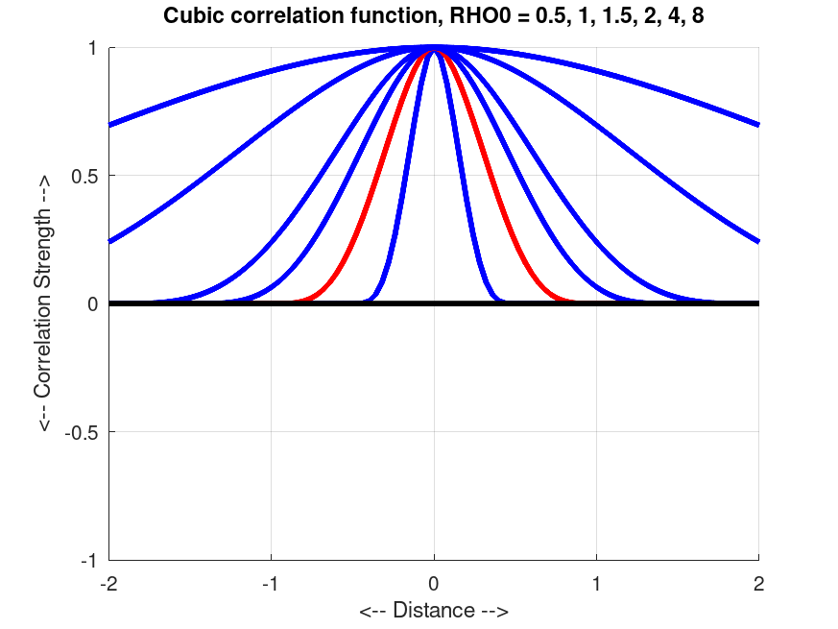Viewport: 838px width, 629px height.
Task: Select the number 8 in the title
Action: click(x=698, y=16)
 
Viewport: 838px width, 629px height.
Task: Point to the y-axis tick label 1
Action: click(x=94, y=48)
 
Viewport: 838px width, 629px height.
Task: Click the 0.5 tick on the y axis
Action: click(x=86, y=176)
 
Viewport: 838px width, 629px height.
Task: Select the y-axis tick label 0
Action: click(x=94, y=303)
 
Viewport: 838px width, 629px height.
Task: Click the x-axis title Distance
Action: click(x=434, y=611)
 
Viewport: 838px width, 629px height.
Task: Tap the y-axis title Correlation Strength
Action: click(x=45, y=303)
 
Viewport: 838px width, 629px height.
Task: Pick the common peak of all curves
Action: click(x=434, y=47)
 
